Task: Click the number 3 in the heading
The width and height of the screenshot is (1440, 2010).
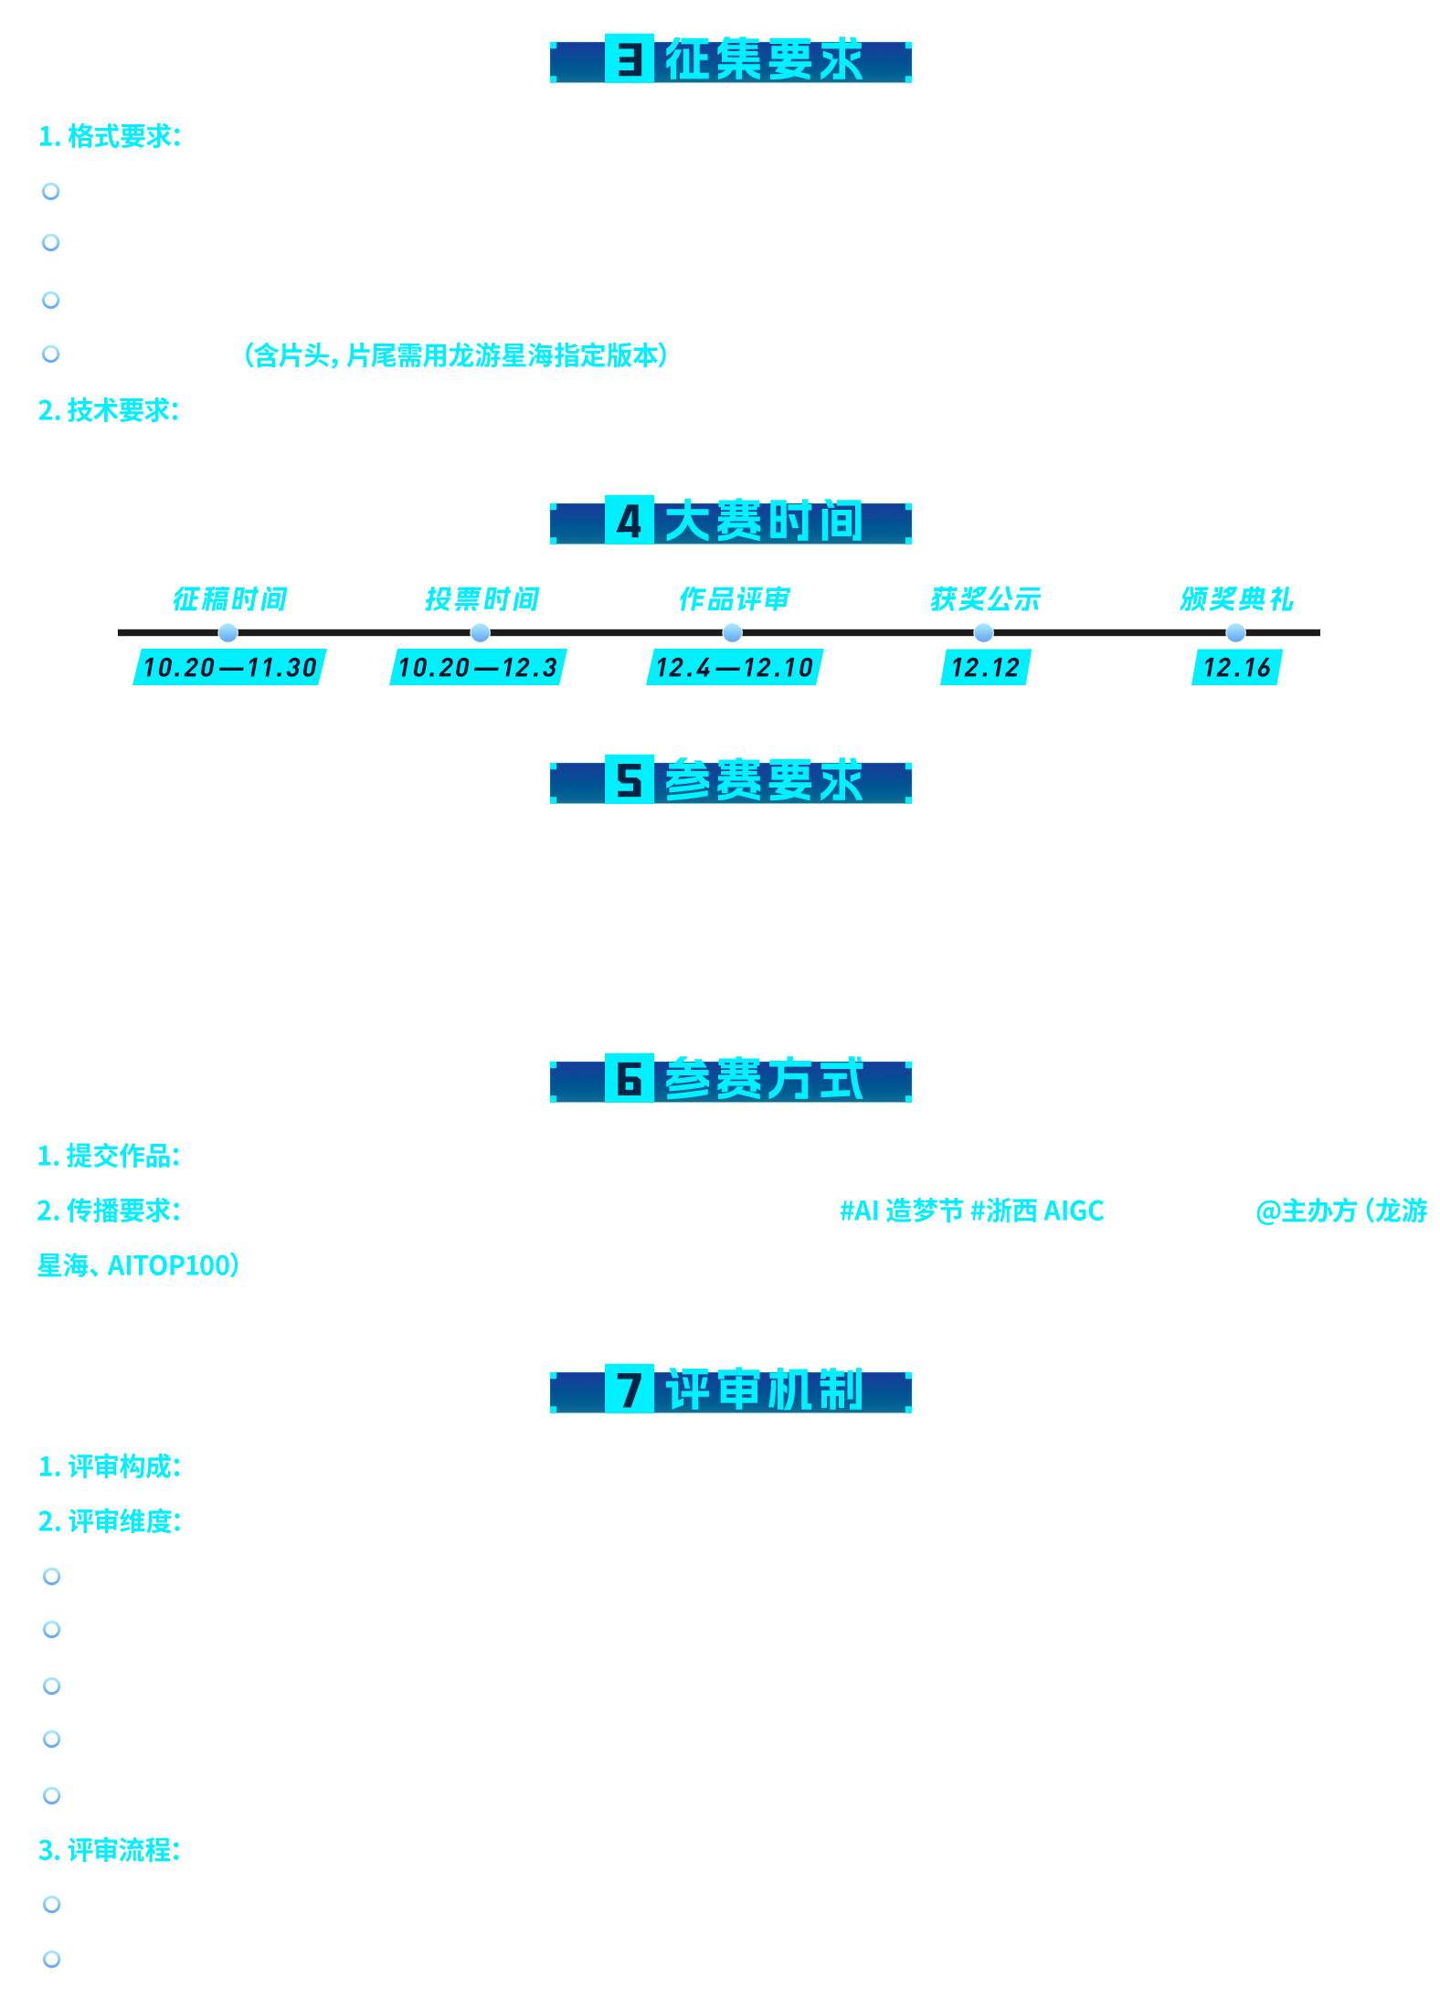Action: click(629, 61)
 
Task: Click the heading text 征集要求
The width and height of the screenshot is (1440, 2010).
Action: click(763, 61)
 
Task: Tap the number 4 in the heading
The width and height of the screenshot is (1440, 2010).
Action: click(629, 523)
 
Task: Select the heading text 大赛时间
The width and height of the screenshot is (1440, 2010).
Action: click(763, 523)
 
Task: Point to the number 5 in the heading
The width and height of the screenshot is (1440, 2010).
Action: click(629, 782)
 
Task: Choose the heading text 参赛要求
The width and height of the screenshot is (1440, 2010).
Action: click(763, 782)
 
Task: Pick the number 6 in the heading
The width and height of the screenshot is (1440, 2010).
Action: click(629, 1080)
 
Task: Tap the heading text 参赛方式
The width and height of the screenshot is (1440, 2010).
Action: click(763, 1081)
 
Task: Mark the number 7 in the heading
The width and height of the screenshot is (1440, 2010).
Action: click(629, 1391)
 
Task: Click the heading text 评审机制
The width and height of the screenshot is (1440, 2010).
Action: click(763, 1391)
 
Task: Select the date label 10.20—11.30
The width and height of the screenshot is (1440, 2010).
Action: click(230, 668)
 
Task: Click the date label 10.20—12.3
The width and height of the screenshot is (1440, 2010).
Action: click(478, 668)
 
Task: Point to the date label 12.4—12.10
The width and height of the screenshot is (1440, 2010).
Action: click(735, 668)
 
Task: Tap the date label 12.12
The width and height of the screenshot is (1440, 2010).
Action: click(985, 668)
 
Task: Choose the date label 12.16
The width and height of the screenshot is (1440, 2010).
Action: click(1237, 668)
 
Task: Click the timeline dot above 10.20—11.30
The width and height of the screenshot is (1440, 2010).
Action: click(228, 632)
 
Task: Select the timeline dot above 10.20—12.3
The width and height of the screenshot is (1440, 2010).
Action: click(480, 632)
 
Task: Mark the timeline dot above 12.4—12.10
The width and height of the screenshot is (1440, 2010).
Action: click(732, 632)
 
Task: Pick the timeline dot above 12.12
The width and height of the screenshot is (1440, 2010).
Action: click(983, 632)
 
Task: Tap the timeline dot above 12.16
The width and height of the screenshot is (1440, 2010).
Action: click(1235, 632)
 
